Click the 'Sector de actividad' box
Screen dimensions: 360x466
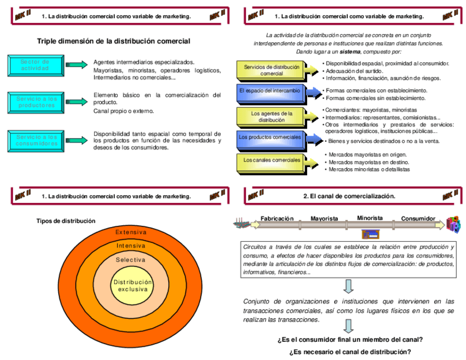tap(35, 65)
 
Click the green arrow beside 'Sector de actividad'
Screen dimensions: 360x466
tap(75, 65)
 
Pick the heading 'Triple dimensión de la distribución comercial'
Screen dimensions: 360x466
tap(114, 41)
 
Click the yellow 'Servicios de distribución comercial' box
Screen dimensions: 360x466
tap(271, 70)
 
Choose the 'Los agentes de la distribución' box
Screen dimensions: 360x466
tap(271, 117)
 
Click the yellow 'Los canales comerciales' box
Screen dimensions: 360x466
tap(271, 160)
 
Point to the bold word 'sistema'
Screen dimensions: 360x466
tap(350, 51)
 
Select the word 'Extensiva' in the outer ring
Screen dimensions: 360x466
tap(131, 232)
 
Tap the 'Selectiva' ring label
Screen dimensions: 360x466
tap(131, 259)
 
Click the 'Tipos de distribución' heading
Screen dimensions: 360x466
tap(66, 221)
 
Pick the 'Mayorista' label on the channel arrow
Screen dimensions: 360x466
tap(324, 218)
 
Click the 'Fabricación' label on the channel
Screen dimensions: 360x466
tap(277, 218)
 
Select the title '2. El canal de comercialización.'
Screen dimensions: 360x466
tap(349, 196)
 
